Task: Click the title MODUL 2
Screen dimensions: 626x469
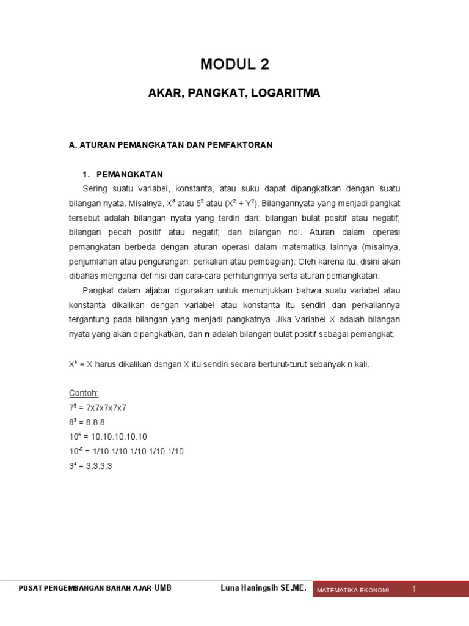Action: click(234, 64)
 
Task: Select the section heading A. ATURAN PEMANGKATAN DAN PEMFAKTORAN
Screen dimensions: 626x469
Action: click(170, 145)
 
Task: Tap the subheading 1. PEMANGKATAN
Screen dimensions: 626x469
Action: click(122, 174)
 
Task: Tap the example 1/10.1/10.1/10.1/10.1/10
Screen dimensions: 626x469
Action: click(136, 451)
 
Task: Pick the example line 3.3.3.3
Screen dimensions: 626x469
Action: click(98, 466)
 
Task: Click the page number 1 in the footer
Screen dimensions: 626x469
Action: click(413, 589)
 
